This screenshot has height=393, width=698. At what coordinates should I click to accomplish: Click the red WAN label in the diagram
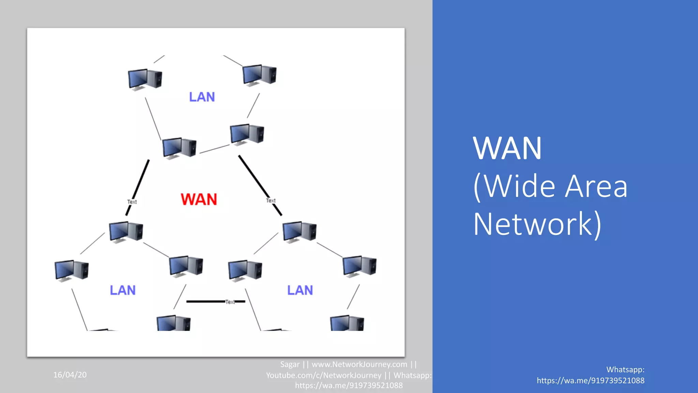pyautogui.click(x=199, y=200)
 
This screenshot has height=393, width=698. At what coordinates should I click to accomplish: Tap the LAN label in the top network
pyautogui.click(x=202, y=97)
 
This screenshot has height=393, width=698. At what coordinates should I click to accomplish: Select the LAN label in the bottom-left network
pyautogui.click(x=123, y=290)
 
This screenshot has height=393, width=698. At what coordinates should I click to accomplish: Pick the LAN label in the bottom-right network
pyautogui.click(x=300, y=290)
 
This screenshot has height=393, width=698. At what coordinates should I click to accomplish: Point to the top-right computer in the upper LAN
pyautogui.click(x=259, y=75)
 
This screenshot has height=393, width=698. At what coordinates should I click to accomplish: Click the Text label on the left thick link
pyautogui.click(x=132, y=202)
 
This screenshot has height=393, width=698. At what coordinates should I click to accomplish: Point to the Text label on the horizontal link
pyautogui.click(x=230, y=302)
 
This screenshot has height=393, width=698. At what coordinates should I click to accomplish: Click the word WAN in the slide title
pyautogui.click(x=507, y=149)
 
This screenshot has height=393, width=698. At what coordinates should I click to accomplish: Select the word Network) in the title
pyautogui.click(x=537, y=224)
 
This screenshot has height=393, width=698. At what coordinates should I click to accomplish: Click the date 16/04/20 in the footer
pyautogui.click(x=70, y=375)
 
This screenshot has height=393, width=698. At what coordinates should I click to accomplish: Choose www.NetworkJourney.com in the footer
pyautogui.click(x=359, y=364)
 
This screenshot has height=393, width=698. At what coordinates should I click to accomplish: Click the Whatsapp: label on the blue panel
pyautogui.click(x=625, y=369)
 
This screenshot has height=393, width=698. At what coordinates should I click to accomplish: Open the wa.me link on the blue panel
pyautogui.click(x=590, y=381)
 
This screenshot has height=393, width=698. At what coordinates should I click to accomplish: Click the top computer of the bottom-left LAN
pyautogui.click(x=126, y=232)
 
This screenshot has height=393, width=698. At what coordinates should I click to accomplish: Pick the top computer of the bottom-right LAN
pyautogui.click(x=299, y=232)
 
